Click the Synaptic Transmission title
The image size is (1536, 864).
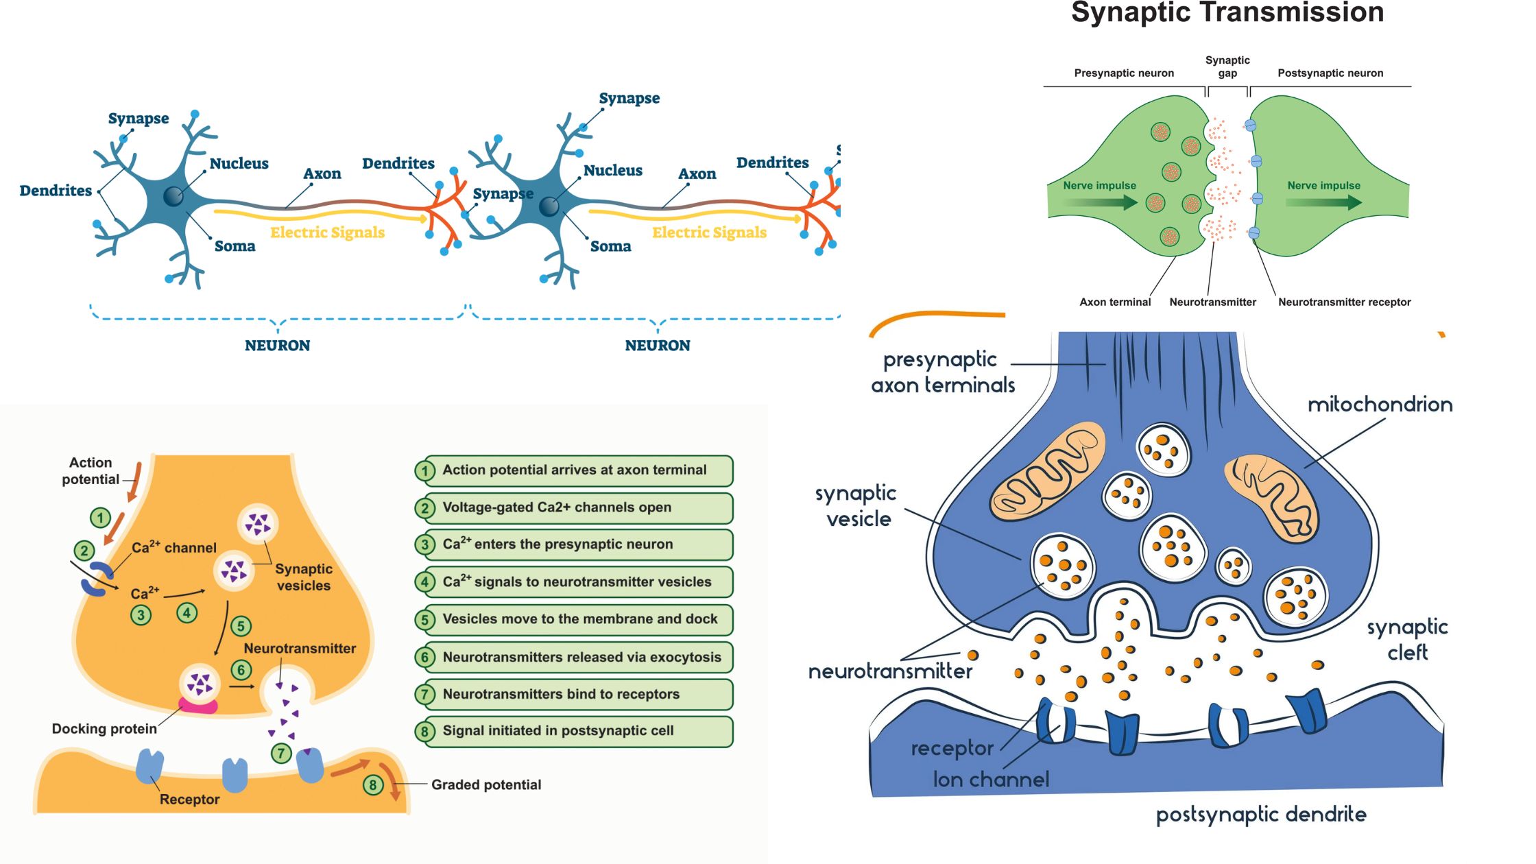[x=1227, y=13]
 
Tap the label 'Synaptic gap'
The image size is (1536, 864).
[x=1227, y=67]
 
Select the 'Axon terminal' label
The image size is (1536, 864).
[x=1115, y=302]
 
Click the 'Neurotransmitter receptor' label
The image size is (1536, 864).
[x=1344, y=302]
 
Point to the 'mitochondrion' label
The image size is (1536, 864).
[x=1380, y=405]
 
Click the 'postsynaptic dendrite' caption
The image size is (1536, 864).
[x=1261, y=814]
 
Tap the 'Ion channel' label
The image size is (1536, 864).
[x=991, y=780]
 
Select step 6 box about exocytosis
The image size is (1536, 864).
[x=574, y=657]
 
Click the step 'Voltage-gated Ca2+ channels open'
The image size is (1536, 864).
[x=574, y=507]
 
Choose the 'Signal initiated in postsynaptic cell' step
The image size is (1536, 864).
[x=574, y=731]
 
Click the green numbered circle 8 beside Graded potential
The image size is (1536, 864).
[x=372, y=784]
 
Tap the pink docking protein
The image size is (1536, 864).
[x=198, y=706]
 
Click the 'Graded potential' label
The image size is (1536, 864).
[x=486, y=784]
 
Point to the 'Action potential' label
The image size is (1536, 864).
[x=91, y=471]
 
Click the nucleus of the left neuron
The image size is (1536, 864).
[x=173, y=196]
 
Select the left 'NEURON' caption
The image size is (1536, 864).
[x=278, y=346]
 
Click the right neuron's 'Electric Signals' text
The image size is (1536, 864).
[x=709, y=232]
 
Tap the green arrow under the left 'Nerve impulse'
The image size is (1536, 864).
[x=1100, y=202]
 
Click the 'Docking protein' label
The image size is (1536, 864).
[x=104, y=729]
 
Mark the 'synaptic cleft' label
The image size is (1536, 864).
[x=1407, y=639]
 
